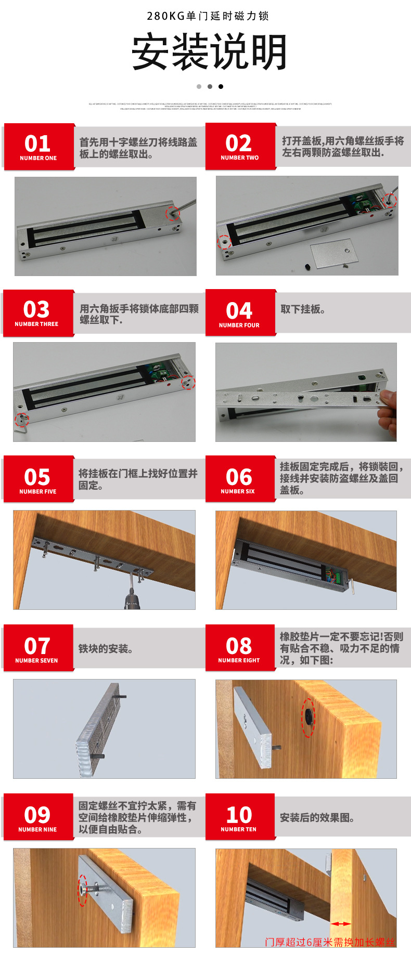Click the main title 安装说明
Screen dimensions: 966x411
[x=209, y=52]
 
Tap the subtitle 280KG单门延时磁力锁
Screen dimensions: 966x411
[x=208, y=16]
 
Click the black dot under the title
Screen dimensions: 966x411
[x=221, y=86]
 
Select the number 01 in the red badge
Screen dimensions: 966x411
[x=37, y=143]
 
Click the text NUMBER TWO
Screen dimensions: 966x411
[x=239, y=158]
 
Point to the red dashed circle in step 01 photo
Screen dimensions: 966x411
[x=172, y=213]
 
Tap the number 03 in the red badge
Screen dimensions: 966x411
[x=36, y=310]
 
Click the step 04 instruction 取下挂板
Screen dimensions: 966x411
[x=303, y=309]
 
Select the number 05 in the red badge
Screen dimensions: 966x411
[x=37, y=477]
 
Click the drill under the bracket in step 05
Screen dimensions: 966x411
[x=131, y=598]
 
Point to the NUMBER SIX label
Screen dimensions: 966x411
[x=238, y=491]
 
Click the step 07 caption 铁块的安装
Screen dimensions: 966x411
[x=106, y=648]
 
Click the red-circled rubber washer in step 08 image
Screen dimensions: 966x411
[x=309, y=717]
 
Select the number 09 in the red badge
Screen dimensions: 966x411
[x=37, y=815]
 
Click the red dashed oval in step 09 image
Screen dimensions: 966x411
[x=83, y=889]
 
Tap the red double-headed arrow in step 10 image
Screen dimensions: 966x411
[x=341, y=924]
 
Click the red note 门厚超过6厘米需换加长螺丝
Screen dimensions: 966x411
[x=330, y=942]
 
